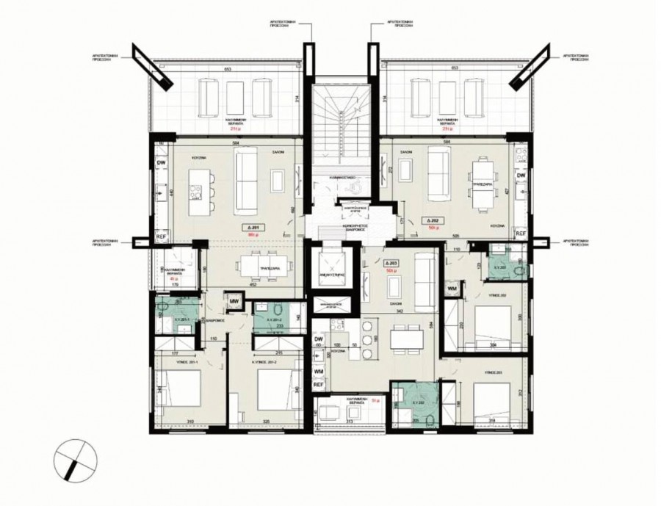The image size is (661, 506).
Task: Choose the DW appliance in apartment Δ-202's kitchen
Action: coord(521,176)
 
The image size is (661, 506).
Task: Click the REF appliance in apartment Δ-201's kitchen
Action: coord(161,238)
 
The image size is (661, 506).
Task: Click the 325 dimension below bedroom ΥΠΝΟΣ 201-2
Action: coord(265,421)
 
